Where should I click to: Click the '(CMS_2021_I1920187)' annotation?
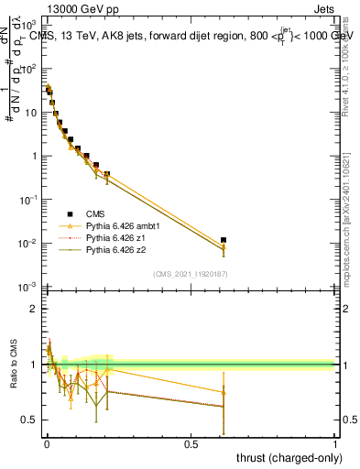pyautogui.click(x=191, y=275)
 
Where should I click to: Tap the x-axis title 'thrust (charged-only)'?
pyautogui.click(x=289, y=456)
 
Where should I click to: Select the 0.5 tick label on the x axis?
pyautogui.click(x=191, y=444)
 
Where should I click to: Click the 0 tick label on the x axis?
pyautogui.click(x=46, y=444)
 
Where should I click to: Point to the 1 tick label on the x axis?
pyautogui.click(x=335, y=444)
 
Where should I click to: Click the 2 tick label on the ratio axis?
pyautogui.click(x=35, y=309)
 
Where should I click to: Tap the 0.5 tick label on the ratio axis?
pyautogui.click(x=31, y=420)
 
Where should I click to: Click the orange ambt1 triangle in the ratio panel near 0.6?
pyautogui.click(x=224, y=392)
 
